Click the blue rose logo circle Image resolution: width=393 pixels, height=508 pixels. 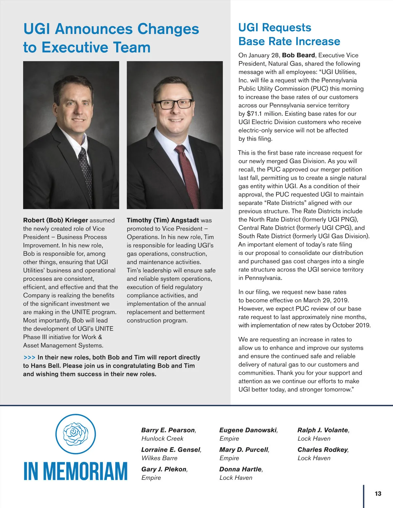[75, 434]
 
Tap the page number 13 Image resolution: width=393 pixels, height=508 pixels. [378, 494]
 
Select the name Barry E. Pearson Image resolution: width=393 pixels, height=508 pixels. [168, 430]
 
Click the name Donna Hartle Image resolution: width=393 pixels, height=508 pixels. [241, 469]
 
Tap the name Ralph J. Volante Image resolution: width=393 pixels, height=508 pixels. [323, 430]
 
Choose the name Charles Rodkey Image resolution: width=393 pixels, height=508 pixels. [323, 450]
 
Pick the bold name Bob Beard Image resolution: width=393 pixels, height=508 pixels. [298, 55]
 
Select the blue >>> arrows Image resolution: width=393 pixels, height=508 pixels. [29, 358]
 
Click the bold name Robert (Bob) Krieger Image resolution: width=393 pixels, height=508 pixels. [55, 220]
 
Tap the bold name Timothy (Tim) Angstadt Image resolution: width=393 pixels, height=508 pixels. [163, 220]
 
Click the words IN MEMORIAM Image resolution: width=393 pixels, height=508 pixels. [75, 471]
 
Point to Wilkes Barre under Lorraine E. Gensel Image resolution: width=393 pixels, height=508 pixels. [159, 458]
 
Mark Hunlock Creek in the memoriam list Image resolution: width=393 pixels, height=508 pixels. [162, 439]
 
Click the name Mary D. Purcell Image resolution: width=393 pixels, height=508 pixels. [244, 450]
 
